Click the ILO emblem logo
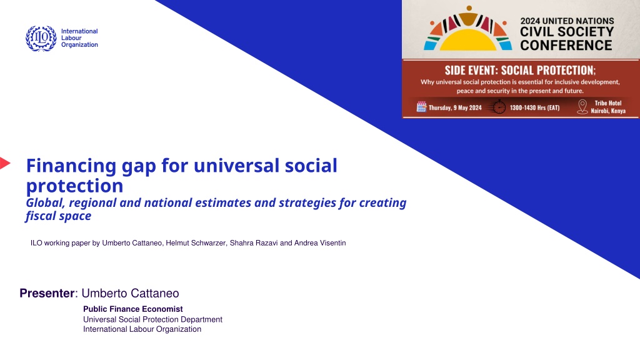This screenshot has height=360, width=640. (x=41, y=38)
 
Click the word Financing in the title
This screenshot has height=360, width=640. (x=71, y=166)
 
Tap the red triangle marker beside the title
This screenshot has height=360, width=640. (x=5, y=163)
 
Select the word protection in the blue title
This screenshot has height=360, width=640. (x=75, y=186)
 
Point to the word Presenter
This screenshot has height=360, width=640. (x=47, y=293)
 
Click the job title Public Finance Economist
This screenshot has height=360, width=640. (x=133, y=309)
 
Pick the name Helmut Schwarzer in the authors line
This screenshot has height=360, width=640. (x=196, y=243)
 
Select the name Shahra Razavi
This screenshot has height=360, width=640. (x=254, y=243)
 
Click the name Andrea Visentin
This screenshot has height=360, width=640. (x=320, y=243)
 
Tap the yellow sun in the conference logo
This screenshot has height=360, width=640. (x=467, y=40)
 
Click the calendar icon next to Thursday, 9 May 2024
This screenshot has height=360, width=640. (x=421, y=107)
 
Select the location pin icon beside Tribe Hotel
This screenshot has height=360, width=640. (x=582, y=107)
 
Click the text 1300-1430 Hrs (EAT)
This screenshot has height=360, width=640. (x=535, y=107)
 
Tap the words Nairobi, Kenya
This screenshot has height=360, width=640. (x=608, y=111)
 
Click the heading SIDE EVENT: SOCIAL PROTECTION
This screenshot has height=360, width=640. (x=520, y=70)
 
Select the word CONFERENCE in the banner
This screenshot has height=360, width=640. (x=566, y=45)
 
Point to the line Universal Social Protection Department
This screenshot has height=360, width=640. (x=152, y=319)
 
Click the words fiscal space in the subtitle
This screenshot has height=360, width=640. (x=58, y=216)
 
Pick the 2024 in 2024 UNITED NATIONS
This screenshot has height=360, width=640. (x=530, y=21)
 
